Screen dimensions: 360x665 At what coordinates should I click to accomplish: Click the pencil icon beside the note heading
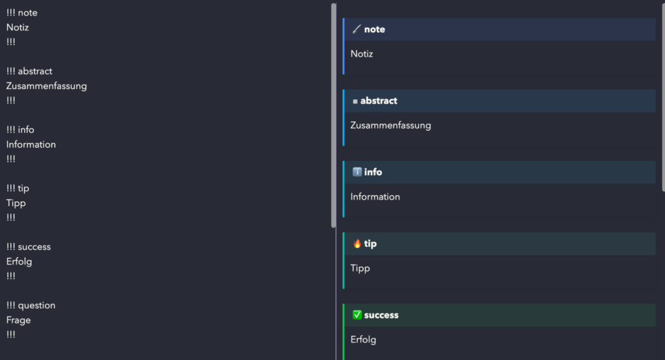[x=357, y=29]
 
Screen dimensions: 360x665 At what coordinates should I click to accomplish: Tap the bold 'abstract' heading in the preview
[x=379, y=101]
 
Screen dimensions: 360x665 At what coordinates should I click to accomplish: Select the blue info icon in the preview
[x=357, y=172]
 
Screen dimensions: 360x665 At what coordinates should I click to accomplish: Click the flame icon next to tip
[x=357, y=244]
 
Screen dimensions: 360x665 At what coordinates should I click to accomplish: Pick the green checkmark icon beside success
[x=357, y=315]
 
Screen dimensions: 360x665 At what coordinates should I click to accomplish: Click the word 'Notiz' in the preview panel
[x=362, y=54]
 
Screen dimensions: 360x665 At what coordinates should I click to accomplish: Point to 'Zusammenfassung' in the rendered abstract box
[x=390, y=125]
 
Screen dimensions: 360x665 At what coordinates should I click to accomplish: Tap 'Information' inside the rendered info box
[x=375, y=197]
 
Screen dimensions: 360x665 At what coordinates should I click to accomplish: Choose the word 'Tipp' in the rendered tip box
[x=360, y=268]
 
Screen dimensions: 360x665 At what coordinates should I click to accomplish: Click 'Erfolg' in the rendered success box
[x=363, y=340]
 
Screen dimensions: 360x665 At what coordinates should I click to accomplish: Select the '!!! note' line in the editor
[x=22, y=12]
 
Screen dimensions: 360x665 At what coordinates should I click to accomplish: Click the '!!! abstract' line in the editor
[x=29, y=71]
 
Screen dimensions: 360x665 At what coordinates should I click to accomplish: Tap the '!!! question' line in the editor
[x=31, y=305]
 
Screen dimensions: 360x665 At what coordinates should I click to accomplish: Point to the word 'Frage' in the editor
[x=18, y=320]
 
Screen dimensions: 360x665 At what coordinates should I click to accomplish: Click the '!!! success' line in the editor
[x=29, y=247]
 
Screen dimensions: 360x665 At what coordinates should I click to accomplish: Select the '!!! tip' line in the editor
[x=18, y=188]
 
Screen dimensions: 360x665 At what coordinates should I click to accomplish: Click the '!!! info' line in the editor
[x=20, y=130]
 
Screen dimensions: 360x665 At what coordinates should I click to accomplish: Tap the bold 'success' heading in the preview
[x=381, y=315]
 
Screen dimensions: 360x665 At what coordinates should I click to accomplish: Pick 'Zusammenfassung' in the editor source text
[x=46, y=86]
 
